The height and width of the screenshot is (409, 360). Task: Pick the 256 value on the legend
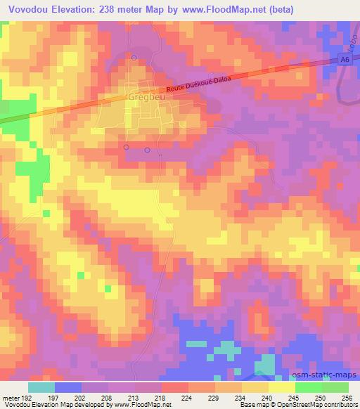pyautogui.click(x=346, y=397)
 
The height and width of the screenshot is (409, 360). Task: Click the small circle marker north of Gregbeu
pyautogui.click(x=134, y=57)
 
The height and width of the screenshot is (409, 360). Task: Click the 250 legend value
pyautogui.click(x=320, y=397)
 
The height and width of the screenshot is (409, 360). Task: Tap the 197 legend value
pyautogui.click(x=52, y=397)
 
